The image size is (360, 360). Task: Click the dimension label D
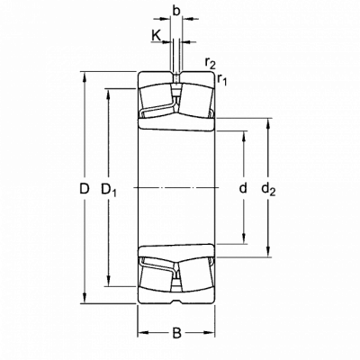[x=85, y=189]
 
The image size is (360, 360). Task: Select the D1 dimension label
[x=109, y=190]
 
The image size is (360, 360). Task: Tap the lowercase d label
[x=243, y=187]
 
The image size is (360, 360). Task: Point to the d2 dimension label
[x=268, y=190]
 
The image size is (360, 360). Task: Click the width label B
[x=177, y=333]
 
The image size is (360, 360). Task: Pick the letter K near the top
[x=156, y=35]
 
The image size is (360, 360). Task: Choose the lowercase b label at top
[x=176, y=11]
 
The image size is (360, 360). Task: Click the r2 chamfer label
[x=211, y=62]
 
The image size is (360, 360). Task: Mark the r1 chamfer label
[x=222, y=79]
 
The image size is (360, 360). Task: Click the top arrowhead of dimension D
[x=85, y=76]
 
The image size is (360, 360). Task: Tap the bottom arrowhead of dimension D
[x=85, y=299]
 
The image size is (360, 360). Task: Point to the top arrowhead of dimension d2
[x=268, y=123]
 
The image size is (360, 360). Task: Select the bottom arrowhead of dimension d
[x=244, y=239]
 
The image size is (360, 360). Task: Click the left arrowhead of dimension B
[x=142, y=333]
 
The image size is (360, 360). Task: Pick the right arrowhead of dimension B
[x=211, y=333]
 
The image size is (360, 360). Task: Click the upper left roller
[x=157, y=96]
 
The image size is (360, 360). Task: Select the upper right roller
[x=196, y=99]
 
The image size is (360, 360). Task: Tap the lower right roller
[x=196, y=275]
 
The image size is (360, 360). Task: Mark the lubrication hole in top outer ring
[x=176, y=77]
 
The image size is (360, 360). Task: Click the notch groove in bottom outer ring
[x=176, y=301]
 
